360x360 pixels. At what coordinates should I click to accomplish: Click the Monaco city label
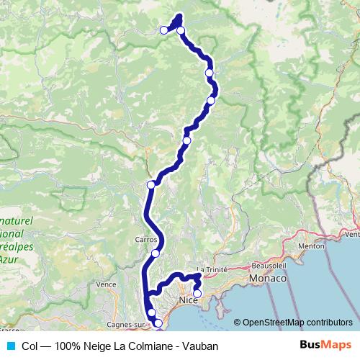click(267, 278)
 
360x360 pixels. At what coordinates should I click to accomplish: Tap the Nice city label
click(188, 299)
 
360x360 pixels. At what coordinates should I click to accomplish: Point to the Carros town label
click(145, 238)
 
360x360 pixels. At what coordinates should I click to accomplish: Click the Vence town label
click(107, 284)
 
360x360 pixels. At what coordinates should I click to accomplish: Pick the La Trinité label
click(212, 270)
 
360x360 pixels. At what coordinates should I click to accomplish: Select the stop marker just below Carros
click(156, 253)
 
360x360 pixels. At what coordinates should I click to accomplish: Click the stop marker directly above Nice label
click(197, 293)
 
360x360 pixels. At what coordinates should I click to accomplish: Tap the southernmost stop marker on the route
click(158, 325)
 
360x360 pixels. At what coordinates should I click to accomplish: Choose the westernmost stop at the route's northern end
click(163, 30)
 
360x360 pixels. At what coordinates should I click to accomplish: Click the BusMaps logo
click(326, 345)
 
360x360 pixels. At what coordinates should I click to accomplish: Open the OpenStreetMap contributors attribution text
click(297, 322)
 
